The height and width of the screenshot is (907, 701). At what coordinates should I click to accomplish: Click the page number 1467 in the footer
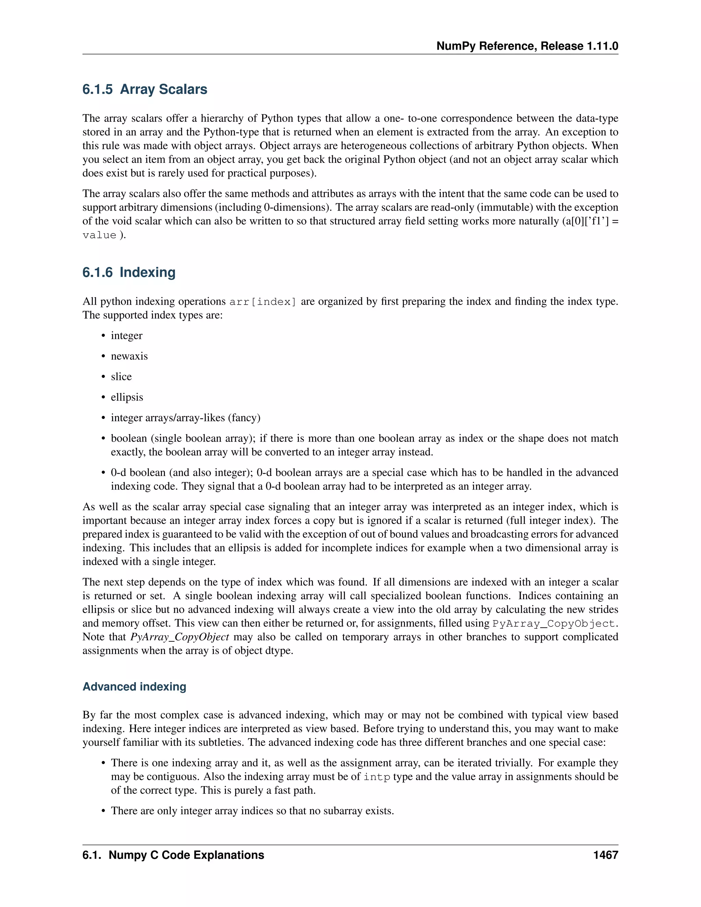coord(606,855)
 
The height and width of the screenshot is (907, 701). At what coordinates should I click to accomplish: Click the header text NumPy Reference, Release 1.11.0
coord(527,46)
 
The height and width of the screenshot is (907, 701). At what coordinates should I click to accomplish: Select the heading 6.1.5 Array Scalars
coord(144,89)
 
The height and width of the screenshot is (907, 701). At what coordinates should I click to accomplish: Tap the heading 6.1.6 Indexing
coord(129,272)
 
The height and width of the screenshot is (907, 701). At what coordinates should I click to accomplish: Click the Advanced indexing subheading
coord(134,687)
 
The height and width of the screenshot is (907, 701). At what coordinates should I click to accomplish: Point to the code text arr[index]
coord(263,302)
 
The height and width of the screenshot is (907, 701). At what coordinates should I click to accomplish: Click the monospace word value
coord(99,235)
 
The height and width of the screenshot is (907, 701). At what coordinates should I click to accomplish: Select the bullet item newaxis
coord(129,356)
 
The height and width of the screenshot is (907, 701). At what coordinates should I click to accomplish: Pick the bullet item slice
coord(121,377)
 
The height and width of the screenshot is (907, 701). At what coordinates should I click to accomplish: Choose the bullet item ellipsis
coord(127,397)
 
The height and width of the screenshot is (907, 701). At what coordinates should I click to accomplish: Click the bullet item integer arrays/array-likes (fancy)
coord(185,418)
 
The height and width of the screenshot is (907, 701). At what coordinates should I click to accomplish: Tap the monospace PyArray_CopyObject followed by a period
coord(553,624)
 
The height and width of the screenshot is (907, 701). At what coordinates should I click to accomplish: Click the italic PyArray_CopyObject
coord(179,637)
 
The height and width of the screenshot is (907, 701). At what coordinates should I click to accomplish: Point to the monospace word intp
coord(377,777)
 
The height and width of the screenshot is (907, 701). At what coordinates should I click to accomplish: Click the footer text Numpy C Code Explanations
coord(186,855)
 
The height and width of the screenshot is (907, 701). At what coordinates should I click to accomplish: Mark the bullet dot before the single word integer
coord(103,336)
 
